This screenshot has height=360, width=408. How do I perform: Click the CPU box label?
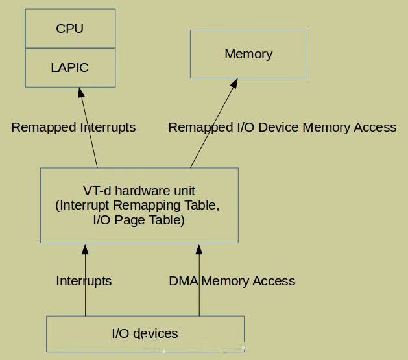70,29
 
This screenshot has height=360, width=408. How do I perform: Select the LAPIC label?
70,67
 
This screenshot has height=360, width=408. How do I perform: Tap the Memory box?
248,54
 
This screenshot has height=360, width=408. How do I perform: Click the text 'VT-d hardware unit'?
139,191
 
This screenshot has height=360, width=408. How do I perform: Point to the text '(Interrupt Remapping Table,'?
139,206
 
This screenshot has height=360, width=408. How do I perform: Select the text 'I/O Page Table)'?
139,220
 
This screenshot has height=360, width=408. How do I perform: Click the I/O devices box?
145,333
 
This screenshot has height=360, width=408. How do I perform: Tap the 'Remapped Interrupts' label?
73,127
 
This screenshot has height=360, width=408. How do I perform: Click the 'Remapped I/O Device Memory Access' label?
282,127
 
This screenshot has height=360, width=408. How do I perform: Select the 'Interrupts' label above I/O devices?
84,281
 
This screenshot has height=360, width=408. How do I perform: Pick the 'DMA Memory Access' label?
232,281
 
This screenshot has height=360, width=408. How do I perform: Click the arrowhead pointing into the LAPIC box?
82,93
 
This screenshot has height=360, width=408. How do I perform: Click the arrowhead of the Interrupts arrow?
85,249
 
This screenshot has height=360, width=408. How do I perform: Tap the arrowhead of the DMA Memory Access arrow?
199,249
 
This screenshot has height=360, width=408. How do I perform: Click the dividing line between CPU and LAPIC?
70,48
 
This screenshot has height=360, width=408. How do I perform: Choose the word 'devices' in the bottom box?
155,333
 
